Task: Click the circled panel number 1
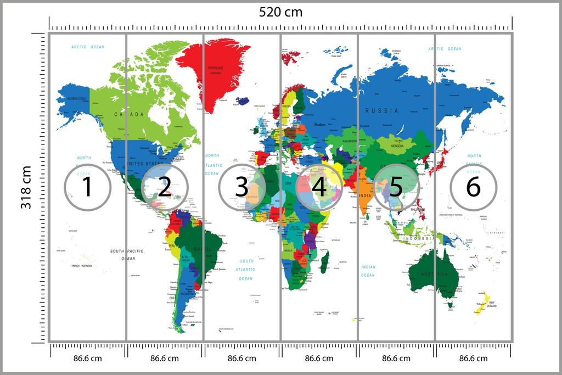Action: (87, 187)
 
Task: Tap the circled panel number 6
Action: (473, 187)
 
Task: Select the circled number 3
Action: (241, 187)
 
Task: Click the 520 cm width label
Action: (280, 12)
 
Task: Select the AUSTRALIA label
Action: (435, 273)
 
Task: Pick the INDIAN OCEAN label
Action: (368, 271)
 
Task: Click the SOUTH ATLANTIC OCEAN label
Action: (246, 270)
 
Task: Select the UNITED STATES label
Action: (145, 164)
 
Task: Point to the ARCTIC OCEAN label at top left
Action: (87, 47)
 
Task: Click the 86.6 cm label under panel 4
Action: (319, 359)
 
